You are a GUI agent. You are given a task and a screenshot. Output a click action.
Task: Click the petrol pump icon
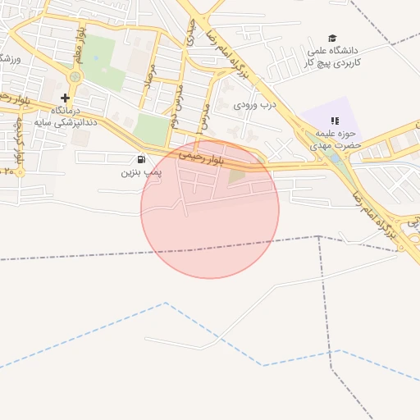[x=142, y=159]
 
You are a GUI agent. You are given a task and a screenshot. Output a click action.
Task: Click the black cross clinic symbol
[x=65, y=98]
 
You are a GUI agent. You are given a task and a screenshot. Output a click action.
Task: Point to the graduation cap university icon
[x=332, y=38]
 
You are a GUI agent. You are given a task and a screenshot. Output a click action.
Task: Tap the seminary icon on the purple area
[x=334, y=121]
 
